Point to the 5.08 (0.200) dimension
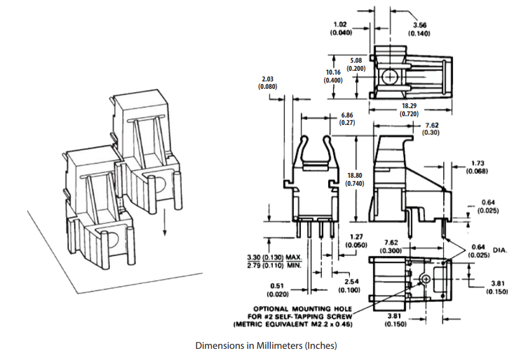coord(355,64)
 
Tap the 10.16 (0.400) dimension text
coord(333,76)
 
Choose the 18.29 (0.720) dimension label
coord(409,110)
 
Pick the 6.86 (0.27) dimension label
coord(347,119)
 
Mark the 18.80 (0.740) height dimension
coord(355,180)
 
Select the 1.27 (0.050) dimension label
coord(356,241)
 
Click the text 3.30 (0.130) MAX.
coord(274,257)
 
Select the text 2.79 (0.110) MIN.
coord(274,265)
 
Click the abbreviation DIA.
coord(500,250)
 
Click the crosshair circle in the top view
coord(390,76)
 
